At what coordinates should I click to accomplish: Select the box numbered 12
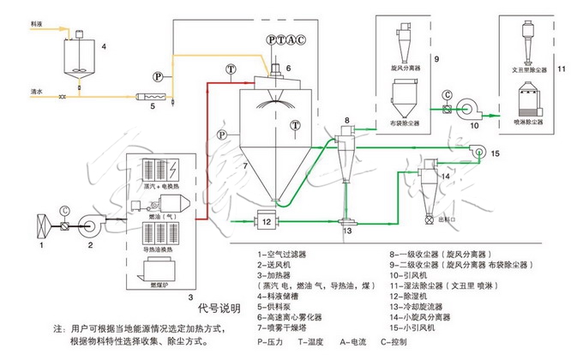pos(267,222)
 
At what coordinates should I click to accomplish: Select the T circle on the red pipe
pos(229,68)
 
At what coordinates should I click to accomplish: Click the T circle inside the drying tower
pos(294,125)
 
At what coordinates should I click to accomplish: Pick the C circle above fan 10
pos(446,93)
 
